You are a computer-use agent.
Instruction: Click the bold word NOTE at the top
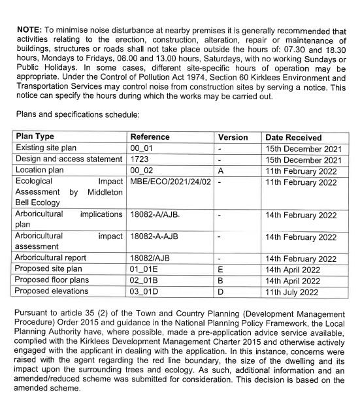pyautogui.click(x=29, y=30)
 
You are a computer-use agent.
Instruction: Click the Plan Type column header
pyautogui.click(x=35, y=137)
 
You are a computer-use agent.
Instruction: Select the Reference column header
pyautogui.click(x=150, y=137)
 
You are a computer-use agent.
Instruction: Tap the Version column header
pyautogui.click(x=233, y=137)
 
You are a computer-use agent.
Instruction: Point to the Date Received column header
pyautogui.click(x=293, y=138)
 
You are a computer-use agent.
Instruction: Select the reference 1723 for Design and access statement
pyautogui.click(x=140, y=159)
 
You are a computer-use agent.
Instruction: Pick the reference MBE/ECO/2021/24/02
pyautogui.click(x=171, y=182)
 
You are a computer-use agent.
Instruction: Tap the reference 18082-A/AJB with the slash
pyautogui.click(x=155, y=215)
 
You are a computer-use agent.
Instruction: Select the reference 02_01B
pyautogui.click(x=145, y=280)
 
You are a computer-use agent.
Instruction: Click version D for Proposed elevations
pyautogui.click(x=221, y=291)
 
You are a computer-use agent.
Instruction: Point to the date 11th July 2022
pyautogui.click(x=292, y=291)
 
